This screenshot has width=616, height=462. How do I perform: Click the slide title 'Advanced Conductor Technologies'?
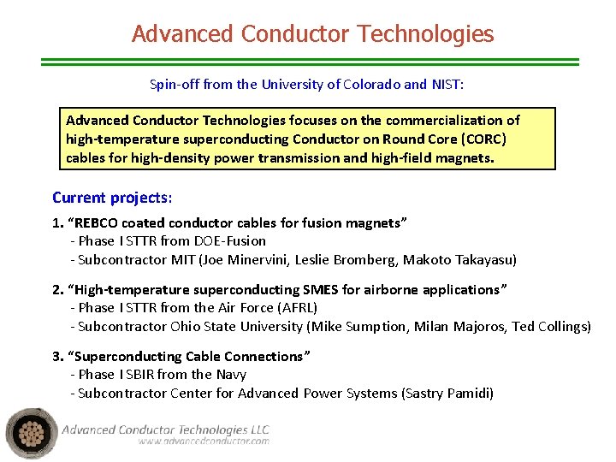point(312,34)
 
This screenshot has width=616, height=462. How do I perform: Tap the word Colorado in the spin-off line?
point(371,85)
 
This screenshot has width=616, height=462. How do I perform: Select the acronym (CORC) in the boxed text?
point(482,139)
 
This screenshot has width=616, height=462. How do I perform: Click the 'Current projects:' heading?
point(112,198)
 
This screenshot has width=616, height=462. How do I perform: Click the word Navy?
point(232,375)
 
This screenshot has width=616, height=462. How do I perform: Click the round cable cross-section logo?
point(32,434)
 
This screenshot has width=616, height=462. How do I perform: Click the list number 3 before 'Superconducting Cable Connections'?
point(56,357)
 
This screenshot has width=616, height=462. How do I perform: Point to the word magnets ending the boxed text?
point(465,158)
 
